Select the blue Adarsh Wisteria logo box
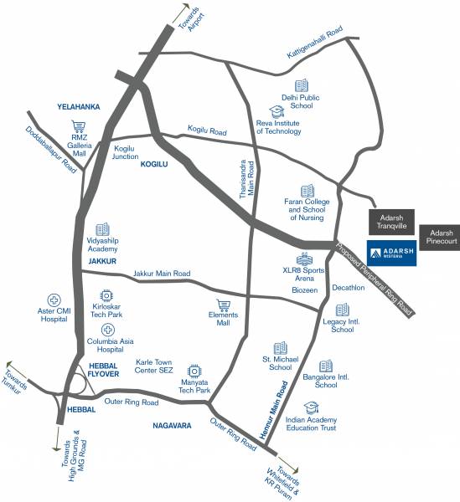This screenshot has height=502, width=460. [x=390, y=252]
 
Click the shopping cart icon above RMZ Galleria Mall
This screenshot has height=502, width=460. [x=80, y=128]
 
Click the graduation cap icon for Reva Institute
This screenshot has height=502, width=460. [x=276, y=111]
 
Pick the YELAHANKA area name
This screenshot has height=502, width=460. [x=78, y=106]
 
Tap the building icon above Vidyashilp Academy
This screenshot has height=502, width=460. [x=102, y=228]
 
